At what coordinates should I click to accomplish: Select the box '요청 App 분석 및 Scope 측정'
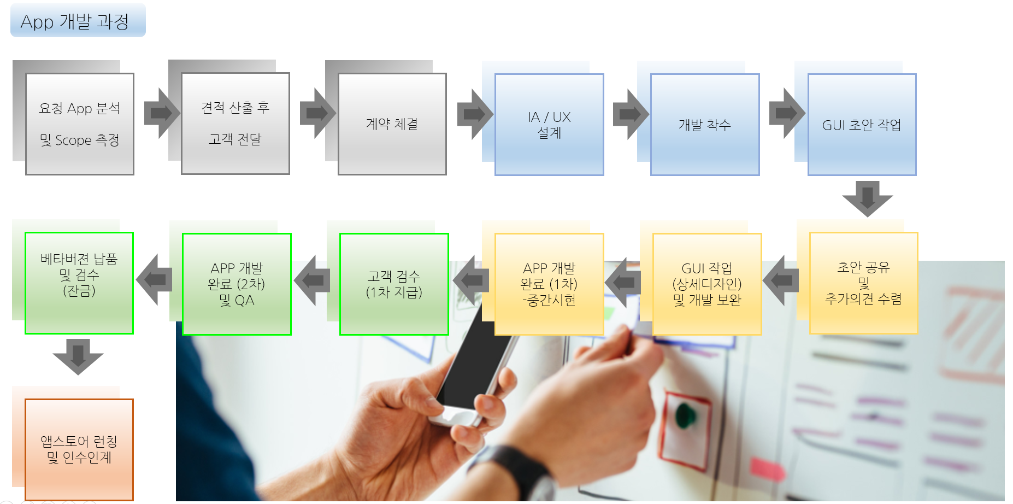coord(80,124)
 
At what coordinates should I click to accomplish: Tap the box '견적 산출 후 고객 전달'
coord(235,124)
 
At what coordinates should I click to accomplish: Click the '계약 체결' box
coord(392,124)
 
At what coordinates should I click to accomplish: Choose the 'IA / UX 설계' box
coord(549,125)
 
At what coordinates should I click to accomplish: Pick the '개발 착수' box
coord(705,125)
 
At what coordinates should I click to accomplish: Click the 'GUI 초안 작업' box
coord(862,125)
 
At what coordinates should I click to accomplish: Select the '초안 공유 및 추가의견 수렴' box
coord(863,283)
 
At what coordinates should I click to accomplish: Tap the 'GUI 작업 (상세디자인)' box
coord(707,284)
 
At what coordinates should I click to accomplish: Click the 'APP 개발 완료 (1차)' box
coord(549,284)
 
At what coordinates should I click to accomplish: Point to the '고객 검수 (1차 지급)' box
coord(394,284)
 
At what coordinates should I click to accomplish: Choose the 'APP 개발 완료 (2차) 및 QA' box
coord(237,284)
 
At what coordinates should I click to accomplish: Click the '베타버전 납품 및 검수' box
coord(79,283)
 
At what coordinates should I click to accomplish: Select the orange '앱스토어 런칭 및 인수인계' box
coord(79,449)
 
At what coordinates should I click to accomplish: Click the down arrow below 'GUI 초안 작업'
coord(867,198)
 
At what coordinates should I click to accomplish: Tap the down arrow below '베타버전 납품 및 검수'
coord(78,356)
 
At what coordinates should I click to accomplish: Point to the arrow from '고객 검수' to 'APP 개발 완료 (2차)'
coord(313,280)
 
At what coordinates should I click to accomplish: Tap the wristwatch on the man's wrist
coord(525,470)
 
